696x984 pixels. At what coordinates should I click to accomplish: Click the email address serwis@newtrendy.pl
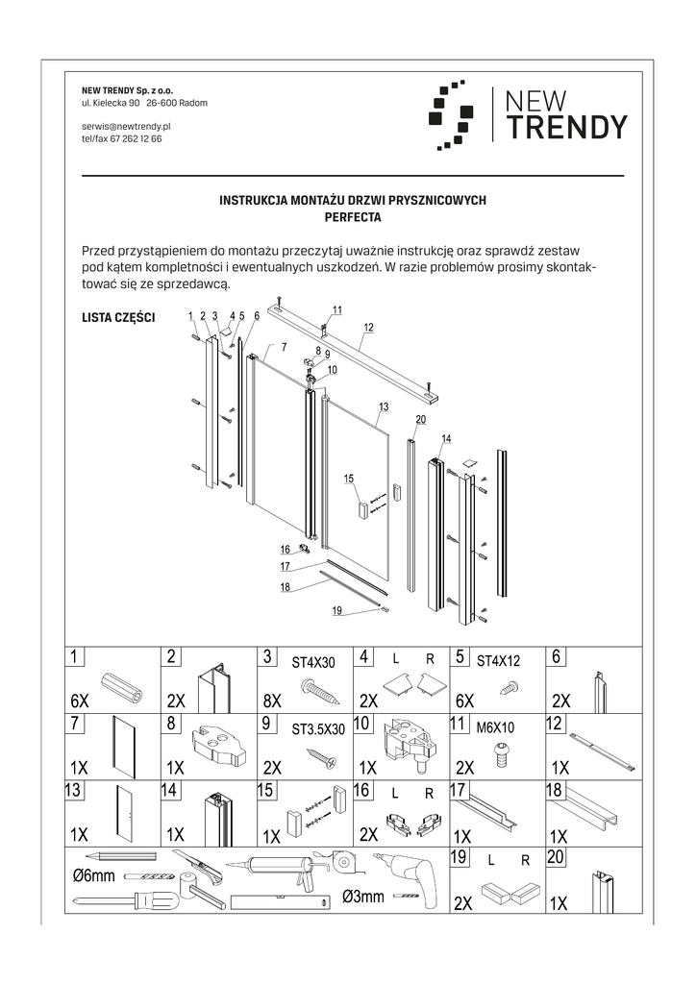point(126,126)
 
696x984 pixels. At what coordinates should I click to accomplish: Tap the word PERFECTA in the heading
point(353,218)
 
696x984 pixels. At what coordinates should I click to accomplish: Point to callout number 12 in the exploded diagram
point(367,328)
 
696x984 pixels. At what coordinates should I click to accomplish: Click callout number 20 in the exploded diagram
point(420,419)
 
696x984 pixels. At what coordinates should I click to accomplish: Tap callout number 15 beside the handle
point(348,479)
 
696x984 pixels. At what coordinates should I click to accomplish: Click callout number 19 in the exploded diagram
point(336,610)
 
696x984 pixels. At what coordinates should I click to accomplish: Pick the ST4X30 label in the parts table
point(313,661)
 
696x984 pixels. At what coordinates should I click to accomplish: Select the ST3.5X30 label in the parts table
point(317,729)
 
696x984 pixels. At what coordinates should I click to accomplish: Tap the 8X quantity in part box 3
point(271,701)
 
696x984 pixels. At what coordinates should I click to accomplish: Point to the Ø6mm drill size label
point(93,875)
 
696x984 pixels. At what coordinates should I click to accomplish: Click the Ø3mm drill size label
point(363,897)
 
